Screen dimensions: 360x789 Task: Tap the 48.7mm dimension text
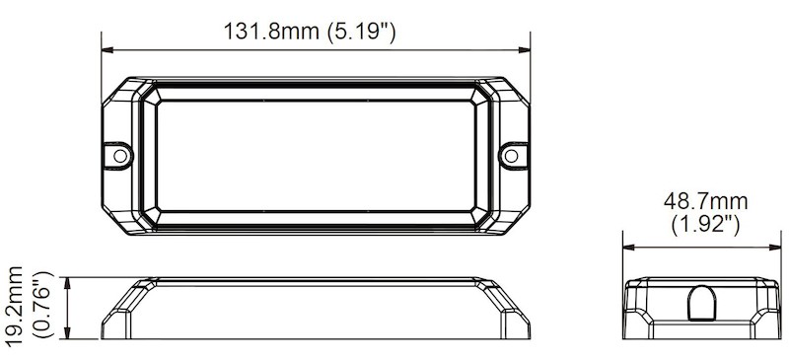tap(705, 201)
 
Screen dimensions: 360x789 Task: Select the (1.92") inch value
tap(705, 224)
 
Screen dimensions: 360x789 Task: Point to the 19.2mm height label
tap(14, 304)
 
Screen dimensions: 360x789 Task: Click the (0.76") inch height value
tap(41, 304)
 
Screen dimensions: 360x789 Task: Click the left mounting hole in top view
tap(119, 155)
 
